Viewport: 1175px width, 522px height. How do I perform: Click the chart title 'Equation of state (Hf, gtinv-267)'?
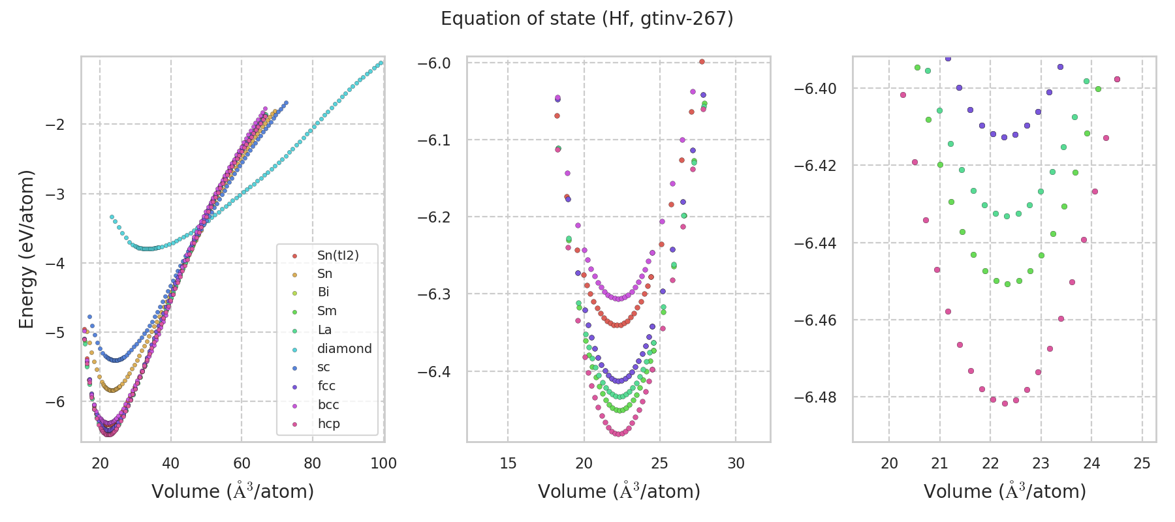[587, 19]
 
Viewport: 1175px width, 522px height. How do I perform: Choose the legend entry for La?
[324, 330]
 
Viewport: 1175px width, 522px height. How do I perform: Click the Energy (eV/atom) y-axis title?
[26, 249]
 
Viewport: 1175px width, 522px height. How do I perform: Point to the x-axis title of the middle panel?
[619, 491]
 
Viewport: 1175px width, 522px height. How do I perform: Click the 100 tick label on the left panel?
[383, 463]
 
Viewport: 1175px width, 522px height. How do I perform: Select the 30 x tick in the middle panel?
[736, 463]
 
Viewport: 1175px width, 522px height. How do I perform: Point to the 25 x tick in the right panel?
[1142, 463]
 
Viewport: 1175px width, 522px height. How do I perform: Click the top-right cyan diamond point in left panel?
[381, 63]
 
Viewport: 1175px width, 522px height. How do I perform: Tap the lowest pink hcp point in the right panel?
[1005, 403]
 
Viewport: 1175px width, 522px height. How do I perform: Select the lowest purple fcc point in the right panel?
[1004, 137]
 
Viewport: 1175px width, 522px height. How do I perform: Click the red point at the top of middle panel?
[702, 62]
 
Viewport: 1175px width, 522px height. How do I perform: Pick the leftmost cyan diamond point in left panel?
[112, 217]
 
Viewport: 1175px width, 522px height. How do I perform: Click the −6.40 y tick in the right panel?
[818, 89]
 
